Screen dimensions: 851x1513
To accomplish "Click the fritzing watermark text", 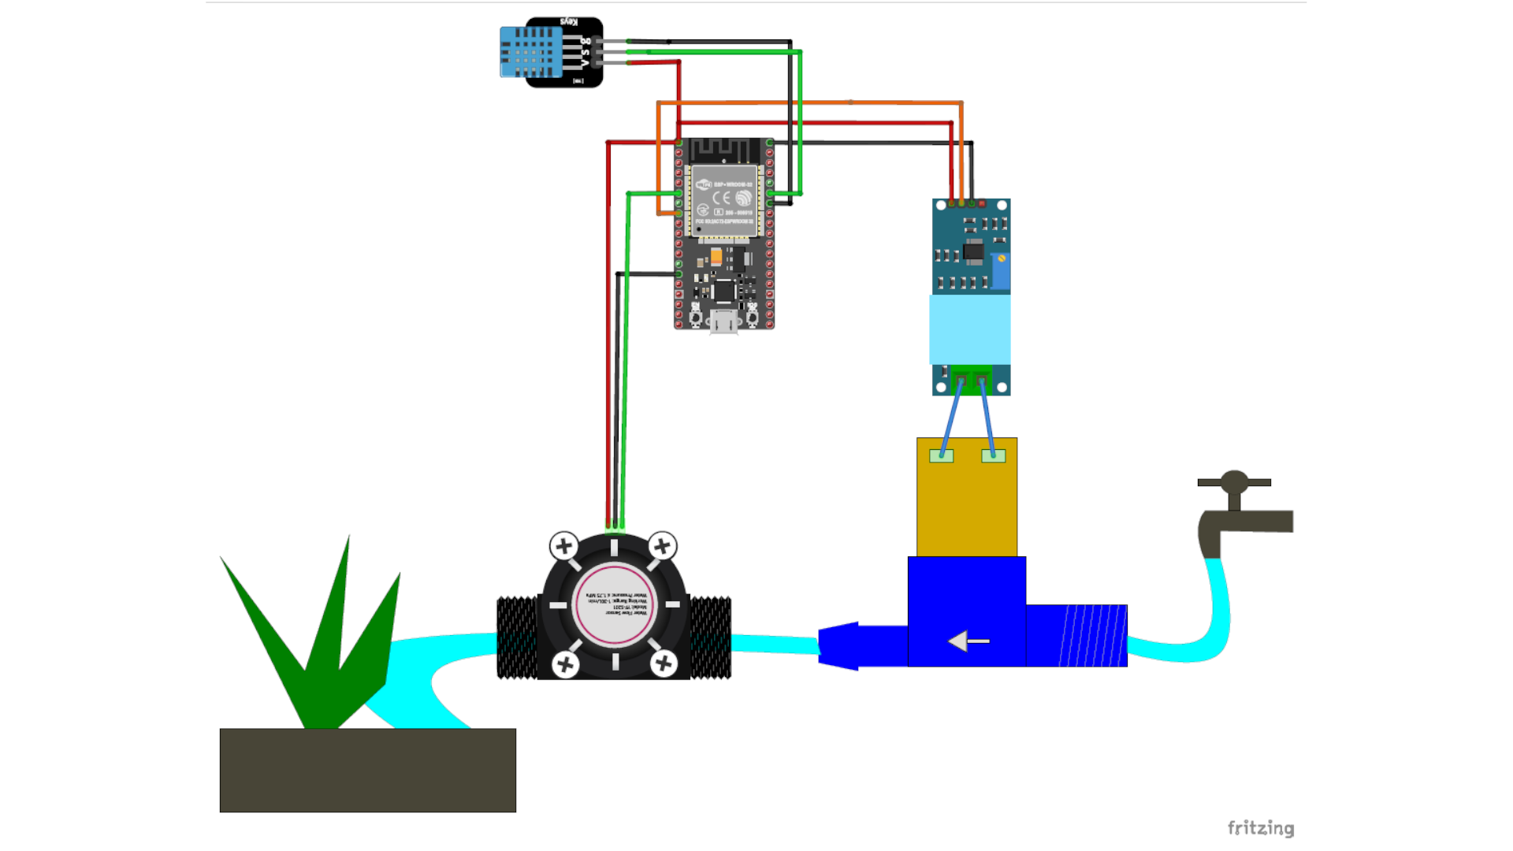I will pyautogui.click(x=1260, y=827).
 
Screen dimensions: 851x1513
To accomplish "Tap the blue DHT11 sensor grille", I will pyautogui.click(x=530, y=52).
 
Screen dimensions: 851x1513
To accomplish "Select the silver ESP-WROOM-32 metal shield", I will pyautogui.click(x=723, y=200).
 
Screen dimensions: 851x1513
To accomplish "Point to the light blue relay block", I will pyautogui.click(x=969, y=329).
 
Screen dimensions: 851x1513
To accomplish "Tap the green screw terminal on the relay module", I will pyautogui.click(x=971, y=379).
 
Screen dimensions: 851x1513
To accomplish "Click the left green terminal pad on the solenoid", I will pyautogui.click(x=941, y=455).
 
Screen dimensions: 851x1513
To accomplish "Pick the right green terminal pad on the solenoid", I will pyautogui.click(x=993, y=455).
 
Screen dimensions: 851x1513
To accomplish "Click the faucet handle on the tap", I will pyautogui.click(x=1234, y=481).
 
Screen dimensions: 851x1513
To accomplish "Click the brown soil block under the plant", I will pyautogui.click(x=367, y=770).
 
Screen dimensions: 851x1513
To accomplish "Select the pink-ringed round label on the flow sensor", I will pyautogui.click(x=614, y=605).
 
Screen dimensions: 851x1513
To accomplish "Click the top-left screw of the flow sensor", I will pyautogui.click(x=563, y=545).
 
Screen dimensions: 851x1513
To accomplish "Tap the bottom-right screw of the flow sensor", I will pyautogui.click(x=664, y=664).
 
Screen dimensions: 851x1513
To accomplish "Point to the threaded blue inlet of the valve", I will pyautogui.click(x=1092, y=636).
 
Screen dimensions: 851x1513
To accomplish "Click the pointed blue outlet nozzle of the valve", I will pyautogui.click(x=840, y=646).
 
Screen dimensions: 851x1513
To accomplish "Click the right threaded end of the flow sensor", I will pyautogui.click(x=711, y=637).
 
